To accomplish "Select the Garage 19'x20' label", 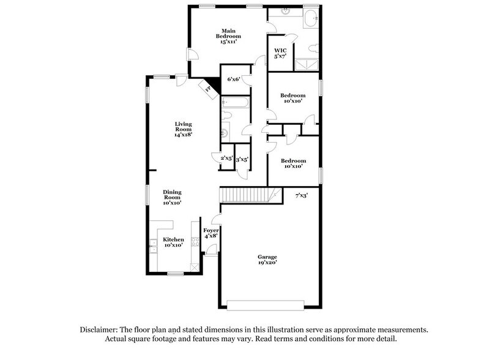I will [x=267, y=260].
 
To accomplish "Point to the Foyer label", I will [x=211, y=233].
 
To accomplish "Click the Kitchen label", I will [x=173, y=242].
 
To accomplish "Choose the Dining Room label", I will [x=172, y=196].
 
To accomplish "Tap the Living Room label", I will [x=184, y=129].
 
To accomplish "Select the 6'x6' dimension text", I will [x=234, y=79].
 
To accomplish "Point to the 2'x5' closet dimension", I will [x=226, y=159].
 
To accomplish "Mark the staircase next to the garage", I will [x=245, y=195].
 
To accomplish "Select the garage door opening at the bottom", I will [x=267, y=304].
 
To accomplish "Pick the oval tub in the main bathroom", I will [x=310, y=17].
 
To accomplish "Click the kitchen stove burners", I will [x=195, y=243].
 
